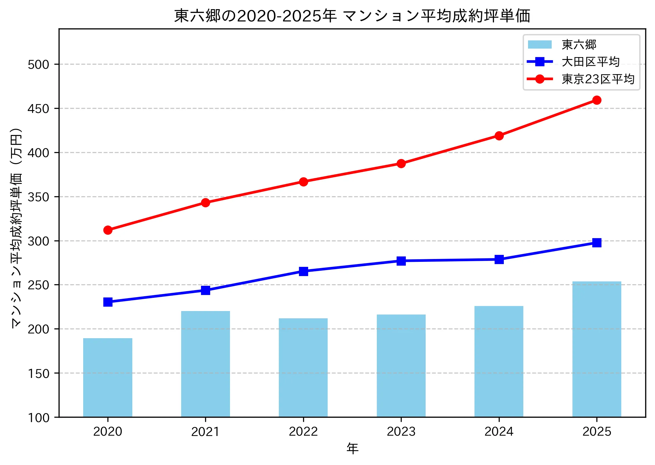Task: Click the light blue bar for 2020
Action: pyautogui.click(x=107, y=377)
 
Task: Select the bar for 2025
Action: pyautogui.click(x=596, y=349)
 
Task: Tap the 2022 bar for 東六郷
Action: pyautogui.click(x=303, y=368)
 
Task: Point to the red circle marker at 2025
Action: pyautogui.click(x=596, y=100)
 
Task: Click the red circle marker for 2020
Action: pyautogui.click(x=108, y=230)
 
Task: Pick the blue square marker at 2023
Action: pyautogui.click(x=401, y=261)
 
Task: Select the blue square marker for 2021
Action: pyautogui.click(x=205, y=290)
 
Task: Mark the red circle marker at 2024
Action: pyautogui.click(x=499, y=136)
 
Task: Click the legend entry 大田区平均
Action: pyautogui.click(x=590, y=62)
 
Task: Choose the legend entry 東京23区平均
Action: pyautogui.click(x=598, y=79)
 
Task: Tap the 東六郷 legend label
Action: pyautogui.click(x=579, y=45)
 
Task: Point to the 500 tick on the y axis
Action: pyautogui.click(x=38, y=65)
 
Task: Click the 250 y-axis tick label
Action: pyautogui.click(x=38, y=285)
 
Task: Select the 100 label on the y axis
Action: pyautogui.click(x=38, y=418)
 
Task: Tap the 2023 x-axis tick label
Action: pyautogui.click(x=401, y=432)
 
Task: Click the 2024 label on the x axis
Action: pyautogui.click(x=499, y=432)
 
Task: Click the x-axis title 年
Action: pyautogui.click(x=352, y=449)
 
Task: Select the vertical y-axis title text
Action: pyautogui.click(x=16, y=228)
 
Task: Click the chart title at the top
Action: pyautogui.click(x=352, y=16)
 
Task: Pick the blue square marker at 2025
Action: pyautogui.click(x=596, y=243)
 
